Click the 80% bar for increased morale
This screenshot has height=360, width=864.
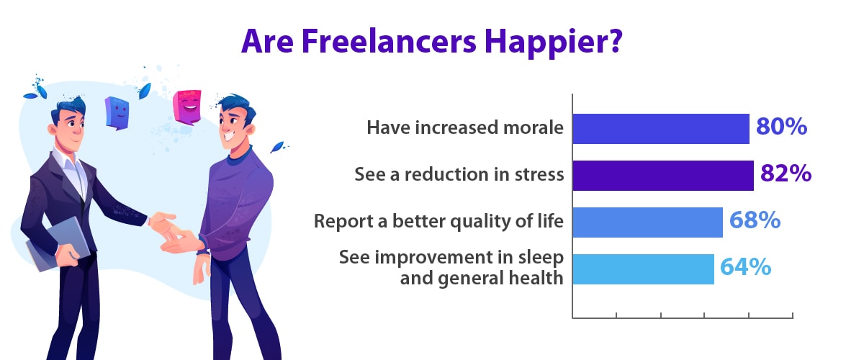[x=661, y=129]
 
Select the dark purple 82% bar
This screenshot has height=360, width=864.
[x=663, y=176]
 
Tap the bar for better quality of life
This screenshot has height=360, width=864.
[x=647, y=222]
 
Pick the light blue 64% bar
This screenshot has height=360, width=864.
[x=644, y=269]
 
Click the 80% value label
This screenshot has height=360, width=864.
[x=781, y=126]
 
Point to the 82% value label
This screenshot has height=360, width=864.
[x=786, y=173]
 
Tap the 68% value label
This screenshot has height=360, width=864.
[x=755, y=220]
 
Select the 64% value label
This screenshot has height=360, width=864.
[x=746, y=266]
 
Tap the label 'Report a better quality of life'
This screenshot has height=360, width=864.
[x=438, y=222]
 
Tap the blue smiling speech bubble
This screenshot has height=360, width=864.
[x=117, y=113]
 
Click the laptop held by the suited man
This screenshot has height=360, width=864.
[x=58, y=244]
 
